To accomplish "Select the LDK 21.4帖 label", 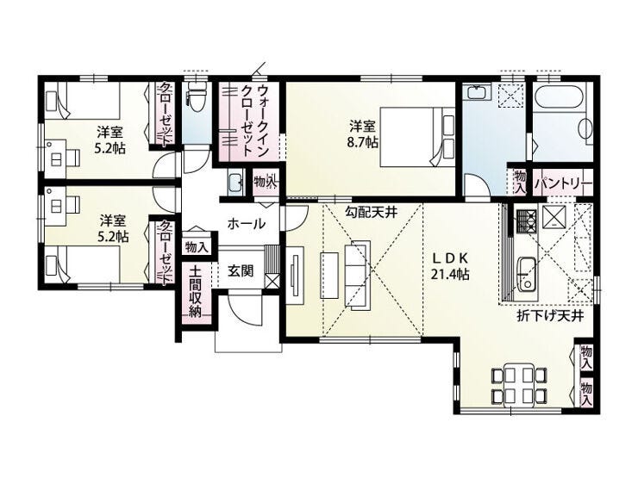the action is coord(450,266).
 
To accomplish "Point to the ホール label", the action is coord(247,223).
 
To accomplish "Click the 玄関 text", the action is coord(241,270).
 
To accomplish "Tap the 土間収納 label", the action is coord(196,291).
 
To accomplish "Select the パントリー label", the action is coord(563,183).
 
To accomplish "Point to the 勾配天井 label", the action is coord(371,212).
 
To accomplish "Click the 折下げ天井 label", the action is coord(550,316).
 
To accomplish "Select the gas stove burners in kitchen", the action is coord(527,221).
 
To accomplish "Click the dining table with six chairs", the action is coord(517,384).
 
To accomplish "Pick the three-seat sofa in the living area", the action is coord(358,276).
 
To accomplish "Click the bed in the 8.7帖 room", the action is coord(417,137).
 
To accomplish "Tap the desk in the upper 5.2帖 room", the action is coord(55,159).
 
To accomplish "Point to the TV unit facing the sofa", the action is coord(295,276).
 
